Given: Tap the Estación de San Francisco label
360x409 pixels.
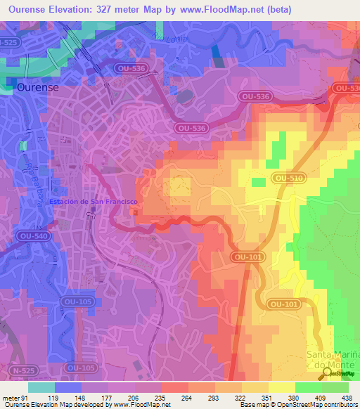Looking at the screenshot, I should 94,202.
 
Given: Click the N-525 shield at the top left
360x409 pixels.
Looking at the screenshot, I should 8,43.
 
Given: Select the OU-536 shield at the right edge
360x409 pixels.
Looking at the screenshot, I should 345,89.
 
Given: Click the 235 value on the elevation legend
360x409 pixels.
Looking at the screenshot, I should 161,397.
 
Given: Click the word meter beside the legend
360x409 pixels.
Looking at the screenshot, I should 11,397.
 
